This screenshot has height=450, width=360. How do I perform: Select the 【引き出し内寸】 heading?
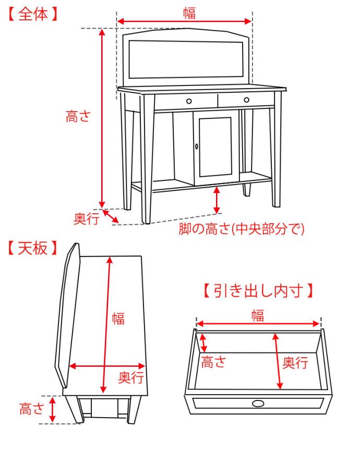259,290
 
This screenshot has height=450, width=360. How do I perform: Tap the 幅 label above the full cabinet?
189,13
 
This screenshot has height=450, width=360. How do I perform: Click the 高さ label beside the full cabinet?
78,116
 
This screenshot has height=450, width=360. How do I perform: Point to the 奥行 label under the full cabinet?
86,219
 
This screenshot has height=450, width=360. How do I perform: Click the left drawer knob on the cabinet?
189,101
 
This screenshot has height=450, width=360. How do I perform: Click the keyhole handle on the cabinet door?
197,147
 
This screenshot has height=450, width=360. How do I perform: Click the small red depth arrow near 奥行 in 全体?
110,216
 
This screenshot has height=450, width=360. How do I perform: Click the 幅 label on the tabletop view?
118,318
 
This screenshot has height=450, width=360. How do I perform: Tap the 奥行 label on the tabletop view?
130,378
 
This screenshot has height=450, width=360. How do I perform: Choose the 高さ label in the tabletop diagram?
32,409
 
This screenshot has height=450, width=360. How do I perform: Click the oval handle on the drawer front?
257,403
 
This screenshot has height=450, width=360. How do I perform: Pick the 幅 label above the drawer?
257,315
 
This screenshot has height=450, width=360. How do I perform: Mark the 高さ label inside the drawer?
213,362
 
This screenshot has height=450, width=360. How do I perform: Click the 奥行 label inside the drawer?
295,362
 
